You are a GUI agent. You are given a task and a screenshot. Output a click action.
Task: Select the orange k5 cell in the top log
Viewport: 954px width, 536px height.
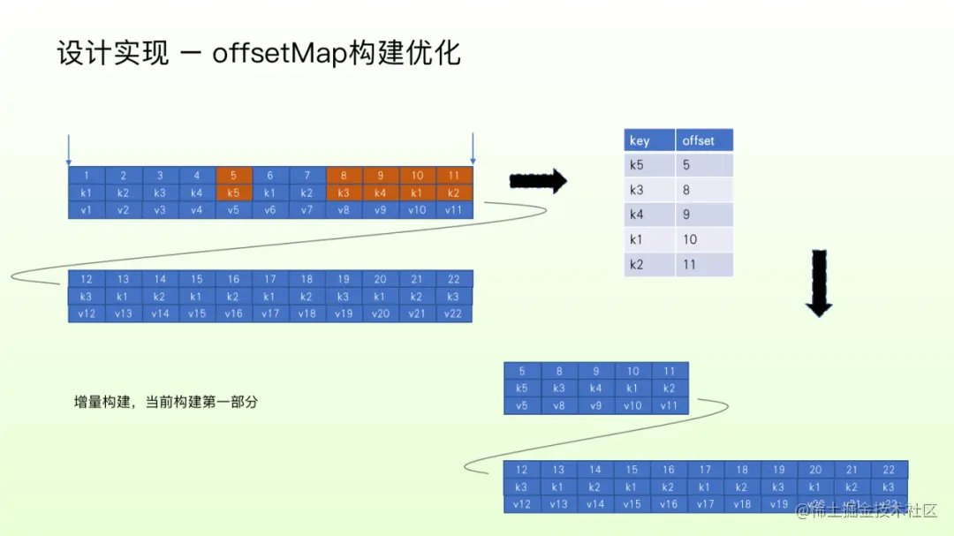coord(233,193)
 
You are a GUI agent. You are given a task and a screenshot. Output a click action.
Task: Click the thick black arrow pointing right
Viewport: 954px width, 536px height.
coord(538,182)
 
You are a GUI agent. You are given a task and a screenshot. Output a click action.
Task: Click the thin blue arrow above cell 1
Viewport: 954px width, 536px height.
coord(68,149)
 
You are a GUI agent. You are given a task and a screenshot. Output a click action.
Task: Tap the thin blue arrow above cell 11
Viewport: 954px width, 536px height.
coord(473,149)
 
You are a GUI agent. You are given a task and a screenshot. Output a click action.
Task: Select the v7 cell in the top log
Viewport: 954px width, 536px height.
coord(307,210)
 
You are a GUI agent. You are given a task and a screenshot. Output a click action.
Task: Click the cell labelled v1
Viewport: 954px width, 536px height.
coord(87,210)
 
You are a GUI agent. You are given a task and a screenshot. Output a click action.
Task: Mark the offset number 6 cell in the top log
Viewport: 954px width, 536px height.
coord(270,176)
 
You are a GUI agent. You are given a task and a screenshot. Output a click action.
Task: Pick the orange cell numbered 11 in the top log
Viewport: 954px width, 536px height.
coord(454,176)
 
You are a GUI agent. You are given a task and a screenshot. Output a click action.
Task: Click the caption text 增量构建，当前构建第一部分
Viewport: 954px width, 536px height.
coord(165,402)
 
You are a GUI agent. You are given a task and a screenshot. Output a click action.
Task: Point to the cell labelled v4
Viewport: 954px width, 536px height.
coord(197,210)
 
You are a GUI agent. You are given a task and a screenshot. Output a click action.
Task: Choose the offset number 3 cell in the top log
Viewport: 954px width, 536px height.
coord(160,176)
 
